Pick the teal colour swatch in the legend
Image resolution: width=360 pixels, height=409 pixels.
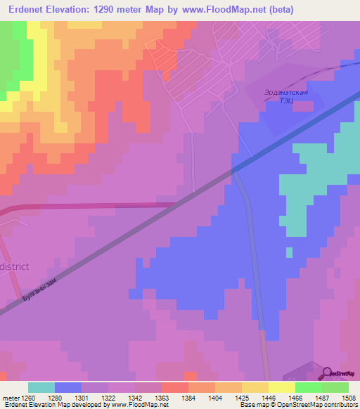41,387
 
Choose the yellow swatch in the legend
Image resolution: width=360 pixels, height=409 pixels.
255,387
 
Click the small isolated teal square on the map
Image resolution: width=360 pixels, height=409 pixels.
289,252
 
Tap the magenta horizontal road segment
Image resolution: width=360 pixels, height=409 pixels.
98,206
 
